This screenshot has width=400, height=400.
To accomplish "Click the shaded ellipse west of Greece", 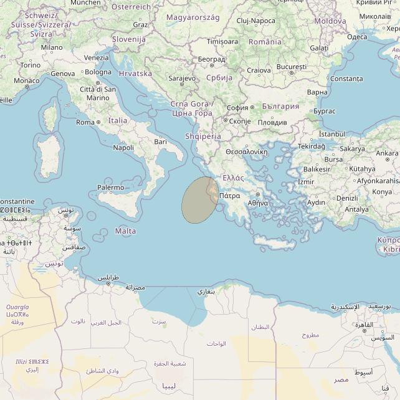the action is [x=199, y=199].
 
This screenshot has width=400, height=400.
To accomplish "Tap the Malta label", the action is [x=126, y=231].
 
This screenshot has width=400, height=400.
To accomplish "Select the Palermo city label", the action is [x=111, y=187].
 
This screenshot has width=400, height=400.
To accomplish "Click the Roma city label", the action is [x=85, y=123].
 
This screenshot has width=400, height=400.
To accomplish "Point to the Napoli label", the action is [x=123, y=148].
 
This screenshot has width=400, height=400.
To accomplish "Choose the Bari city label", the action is [x=161, y=142].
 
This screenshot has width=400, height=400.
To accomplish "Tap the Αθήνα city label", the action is [x=258, y=203].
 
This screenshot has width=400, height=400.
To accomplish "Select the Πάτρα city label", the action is [x=230, y=196].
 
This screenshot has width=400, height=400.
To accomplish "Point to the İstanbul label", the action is [x=331, y=134].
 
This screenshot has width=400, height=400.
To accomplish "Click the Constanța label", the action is [x=348, y=79].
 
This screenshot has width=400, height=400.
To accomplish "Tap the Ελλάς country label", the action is [x=233, y=178].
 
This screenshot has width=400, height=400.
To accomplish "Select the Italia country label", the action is [x=117, y=120].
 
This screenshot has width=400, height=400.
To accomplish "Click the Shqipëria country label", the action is [x=203, y=136].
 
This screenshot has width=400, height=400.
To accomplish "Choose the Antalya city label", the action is [x=357, y=209].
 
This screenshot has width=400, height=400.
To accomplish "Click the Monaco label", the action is [x=27, y=80].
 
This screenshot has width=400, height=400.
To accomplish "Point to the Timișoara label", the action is [x=222, y=42].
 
